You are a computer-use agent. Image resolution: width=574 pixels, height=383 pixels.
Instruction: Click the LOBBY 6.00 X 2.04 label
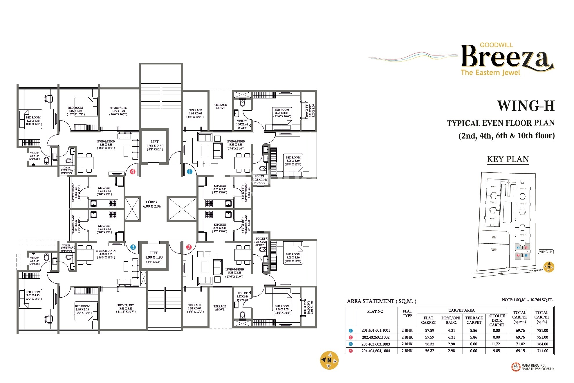click(x=152, y=204)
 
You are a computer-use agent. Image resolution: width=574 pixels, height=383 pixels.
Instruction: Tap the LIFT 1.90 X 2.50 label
click(x=155, y=145)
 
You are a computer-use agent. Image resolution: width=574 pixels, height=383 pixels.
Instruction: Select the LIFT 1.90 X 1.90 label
click(x=154, y=257)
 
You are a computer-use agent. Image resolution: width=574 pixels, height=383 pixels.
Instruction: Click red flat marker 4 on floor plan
click(x=133, y=172)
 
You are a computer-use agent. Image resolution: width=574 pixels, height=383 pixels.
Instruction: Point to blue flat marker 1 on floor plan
click(x=189, y=172)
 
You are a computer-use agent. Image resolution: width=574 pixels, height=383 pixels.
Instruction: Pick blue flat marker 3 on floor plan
click(x=133, y=247)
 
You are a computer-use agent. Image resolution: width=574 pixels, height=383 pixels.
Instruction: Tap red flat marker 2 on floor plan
click(x=189, y=247)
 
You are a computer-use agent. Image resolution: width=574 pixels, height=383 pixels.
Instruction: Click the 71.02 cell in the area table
click(x=520, y=344)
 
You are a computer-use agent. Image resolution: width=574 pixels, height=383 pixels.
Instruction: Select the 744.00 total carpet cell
click(x=542, y=351)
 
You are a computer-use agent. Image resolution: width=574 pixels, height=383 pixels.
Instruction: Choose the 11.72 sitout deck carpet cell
click(x=497, y=344)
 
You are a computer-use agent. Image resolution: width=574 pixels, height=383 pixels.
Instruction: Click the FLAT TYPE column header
click(x=407, y=313)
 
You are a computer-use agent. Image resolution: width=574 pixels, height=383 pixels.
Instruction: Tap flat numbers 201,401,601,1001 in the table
click(x=376, y=330)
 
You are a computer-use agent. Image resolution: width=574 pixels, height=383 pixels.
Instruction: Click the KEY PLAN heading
click(x=508, y=159)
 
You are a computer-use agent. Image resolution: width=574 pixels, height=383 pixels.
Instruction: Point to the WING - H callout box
click(x=546, y=252)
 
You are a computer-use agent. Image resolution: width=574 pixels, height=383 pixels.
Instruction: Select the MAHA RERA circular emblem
click(x=516, y=367)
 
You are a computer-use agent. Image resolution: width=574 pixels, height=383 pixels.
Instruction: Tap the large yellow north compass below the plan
click(x=329, y=360)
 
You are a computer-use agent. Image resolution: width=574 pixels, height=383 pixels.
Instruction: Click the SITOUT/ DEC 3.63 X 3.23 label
click(x=126, y=308)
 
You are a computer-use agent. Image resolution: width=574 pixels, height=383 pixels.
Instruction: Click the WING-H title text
click(x=526, y=106)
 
